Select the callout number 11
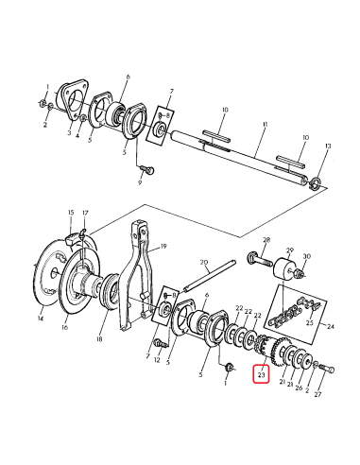tap(266, 125)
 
